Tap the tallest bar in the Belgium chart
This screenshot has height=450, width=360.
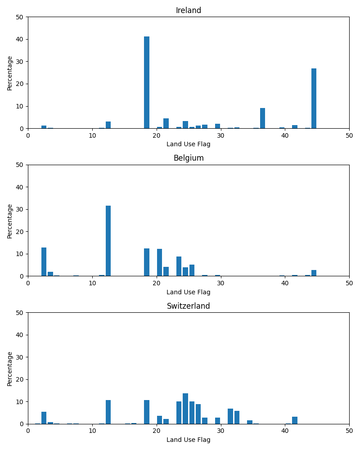pyautogui.click(x=108, y=241)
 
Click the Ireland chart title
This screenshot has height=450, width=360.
pyautogui.click(x=189, y=11)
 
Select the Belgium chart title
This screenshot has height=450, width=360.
pyautogui.click(x=189, y=158)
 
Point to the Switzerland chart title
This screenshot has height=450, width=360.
pyautogui.click(x=189, y=306)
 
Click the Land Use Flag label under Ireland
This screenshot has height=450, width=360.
pyautogui.click(x=189, y=144)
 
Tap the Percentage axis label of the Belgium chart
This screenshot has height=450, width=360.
pyautogui.click(x=10, y=220)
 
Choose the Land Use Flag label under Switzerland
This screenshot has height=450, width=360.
pyautogui.click(x=189, y=440)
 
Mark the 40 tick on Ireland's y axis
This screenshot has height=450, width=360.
pyautogui.click(x=21, y=39)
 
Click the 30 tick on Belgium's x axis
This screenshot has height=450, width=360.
pyautogui.click(x=220, y=283)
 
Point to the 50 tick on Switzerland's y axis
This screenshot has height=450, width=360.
pyautogui.click(x=21, y=312)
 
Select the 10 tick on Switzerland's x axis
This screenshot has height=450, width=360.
pyautogui.click(x=92, y=431)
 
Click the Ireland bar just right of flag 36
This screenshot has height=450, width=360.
pyautogui.click(x=262, y=118)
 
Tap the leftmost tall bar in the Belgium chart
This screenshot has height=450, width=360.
pyautogui.click(x=44, y=262)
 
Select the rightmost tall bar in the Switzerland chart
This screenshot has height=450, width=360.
pyautogui.click(x=295, y=420)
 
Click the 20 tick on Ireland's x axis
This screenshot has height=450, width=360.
pyautogui.click(x=157, y=135)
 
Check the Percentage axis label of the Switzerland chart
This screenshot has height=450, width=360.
pyautogui.click(x=10, y=369)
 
